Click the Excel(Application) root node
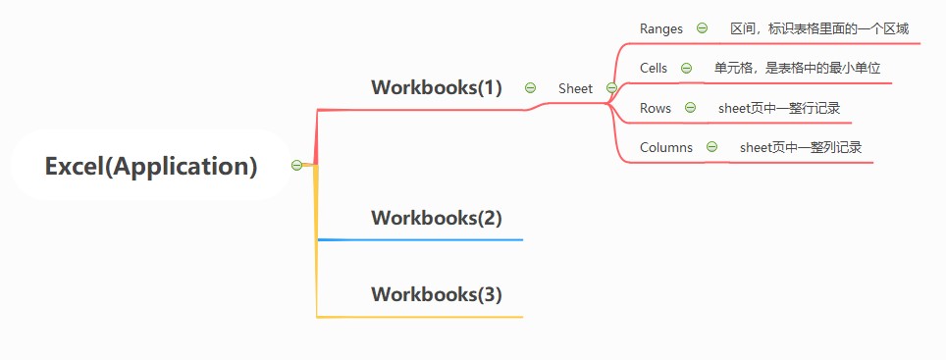(x=151, y=166)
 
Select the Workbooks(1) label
(x=436, y=87)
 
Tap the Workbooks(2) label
(x=436, y=218)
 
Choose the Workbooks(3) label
(x=436, y=294)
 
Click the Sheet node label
(x=576, y=88)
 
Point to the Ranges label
(x=661, y=29)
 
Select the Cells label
(x=654, y=68)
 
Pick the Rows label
(x=656, y=108)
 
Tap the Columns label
(x=666, y=147)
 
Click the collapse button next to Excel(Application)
(x=296, y=165)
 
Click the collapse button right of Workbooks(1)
(x=530, y=87)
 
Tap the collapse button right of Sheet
(x=611, y=88)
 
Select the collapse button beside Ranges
(x=702, y=27)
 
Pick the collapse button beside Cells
(x=686, y=68)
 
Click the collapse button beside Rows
(x=690, y=108)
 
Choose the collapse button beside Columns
(x=711, y=146)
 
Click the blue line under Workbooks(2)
(x=420, y=240)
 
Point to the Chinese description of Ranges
(x=819, y=29)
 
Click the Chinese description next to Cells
(x=798, y=68)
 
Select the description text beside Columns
(x=801, y=147)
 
